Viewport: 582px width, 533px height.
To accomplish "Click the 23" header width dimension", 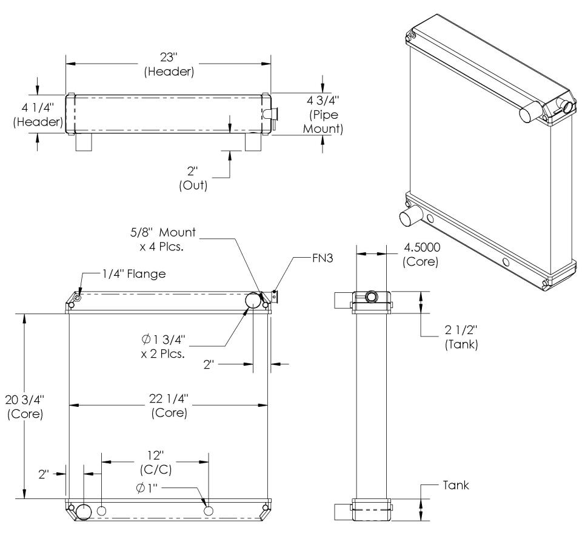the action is tap(169, 64).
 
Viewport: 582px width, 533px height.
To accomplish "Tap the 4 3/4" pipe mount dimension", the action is tap(323, 115).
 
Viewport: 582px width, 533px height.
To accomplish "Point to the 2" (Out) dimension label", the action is tap(193, 178).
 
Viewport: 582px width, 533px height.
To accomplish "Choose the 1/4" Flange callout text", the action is tap(134, 274).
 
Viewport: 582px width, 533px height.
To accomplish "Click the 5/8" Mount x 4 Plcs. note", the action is tap(162, 240).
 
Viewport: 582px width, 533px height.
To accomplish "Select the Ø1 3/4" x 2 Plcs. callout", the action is tap(163, 346).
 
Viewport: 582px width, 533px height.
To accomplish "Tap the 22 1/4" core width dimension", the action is tap(169, 405).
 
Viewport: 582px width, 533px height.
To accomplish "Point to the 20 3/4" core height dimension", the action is tap(25, 407).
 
